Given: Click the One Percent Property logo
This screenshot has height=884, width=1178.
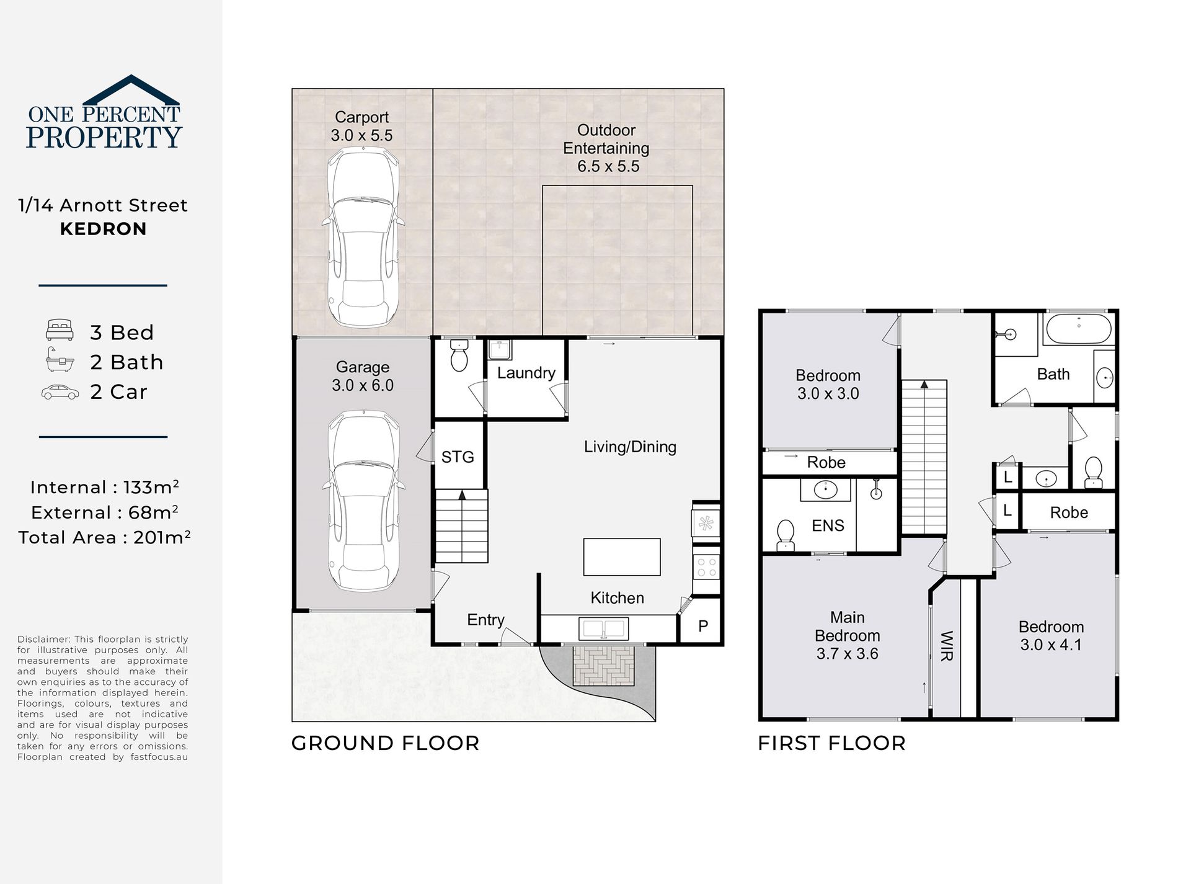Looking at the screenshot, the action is point(104,112).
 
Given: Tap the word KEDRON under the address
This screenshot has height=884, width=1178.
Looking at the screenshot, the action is point(104,229).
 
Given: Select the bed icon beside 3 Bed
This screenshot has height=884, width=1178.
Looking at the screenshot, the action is point(60,331).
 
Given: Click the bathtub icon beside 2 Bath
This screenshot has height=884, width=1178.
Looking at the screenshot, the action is point(60,360).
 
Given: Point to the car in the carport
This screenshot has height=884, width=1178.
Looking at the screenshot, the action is point(363,239).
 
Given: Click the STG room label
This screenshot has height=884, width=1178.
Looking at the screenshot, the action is point(458,457).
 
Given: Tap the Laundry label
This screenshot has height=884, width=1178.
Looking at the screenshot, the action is point(526,373).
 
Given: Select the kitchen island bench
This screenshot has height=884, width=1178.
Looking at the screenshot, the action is point(622,557).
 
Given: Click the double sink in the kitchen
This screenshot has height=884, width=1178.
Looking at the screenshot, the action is point(603,628).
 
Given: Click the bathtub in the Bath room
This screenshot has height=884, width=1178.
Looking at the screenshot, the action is point(1078,329).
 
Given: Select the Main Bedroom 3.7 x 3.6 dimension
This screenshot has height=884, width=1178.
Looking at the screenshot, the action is point(847,654).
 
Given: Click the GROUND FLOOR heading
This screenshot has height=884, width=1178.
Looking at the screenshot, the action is point(386,743).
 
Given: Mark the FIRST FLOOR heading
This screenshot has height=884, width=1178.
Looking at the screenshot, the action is point(832,743).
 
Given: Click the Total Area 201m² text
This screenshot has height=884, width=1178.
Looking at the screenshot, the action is point(104,537).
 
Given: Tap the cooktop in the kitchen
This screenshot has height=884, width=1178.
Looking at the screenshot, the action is point(706,566).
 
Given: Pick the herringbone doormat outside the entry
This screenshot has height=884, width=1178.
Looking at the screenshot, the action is point(603,666).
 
